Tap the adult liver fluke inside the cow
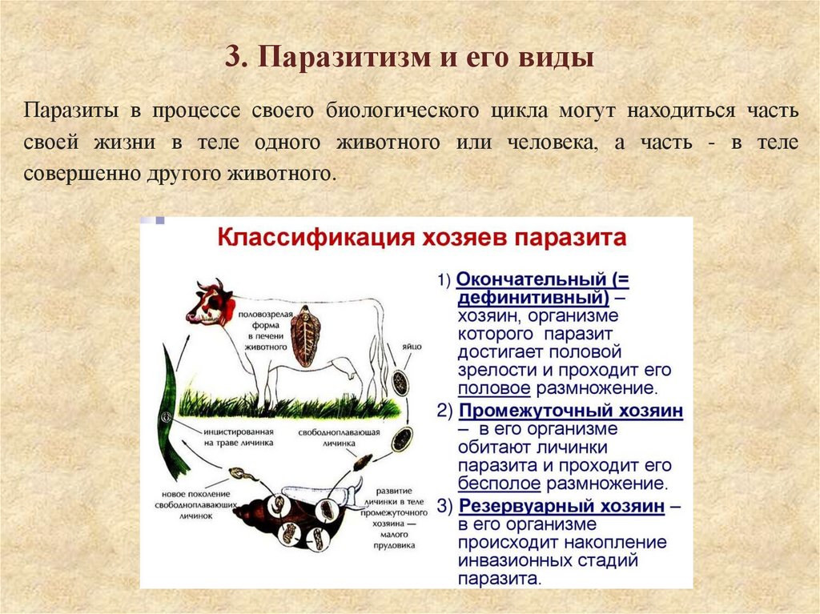(x=303, y=337)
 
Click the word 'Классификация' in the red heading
(x=303, y=239)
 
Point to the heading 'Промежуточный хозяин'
(x=571, y=411)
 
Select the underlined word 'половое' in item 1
(x=493, y=389)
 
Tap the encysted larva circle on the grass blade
(x=165, y=417)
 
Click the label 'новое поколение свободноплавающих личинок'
(x=195, y=505)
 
